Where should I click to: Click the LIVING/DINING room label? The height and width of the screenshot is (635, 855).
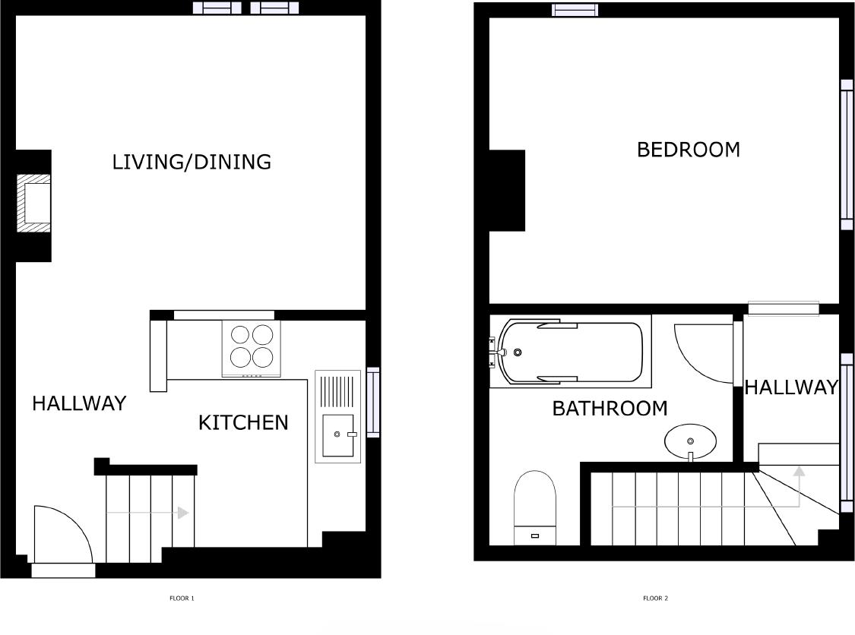coord(192,162)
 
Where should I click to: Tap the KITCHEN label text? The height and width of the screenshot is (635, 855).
coord(243,422)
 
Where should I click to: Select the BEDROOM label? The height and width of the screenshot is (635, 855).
coord(688,150)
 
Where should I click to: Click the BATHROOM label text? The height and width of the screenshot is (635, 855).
coord(610,409)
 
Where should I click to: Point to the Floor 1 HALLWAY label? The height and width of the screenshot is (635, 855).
coord(79,403)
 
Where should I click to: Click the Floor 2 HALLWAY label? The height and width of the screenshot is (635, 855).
coord(790,387)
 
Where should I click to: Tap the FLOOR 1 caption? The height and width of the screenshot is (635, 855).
coord(182,599)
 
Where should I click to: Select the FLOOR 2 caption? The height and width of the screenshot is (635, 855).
coord(655,599)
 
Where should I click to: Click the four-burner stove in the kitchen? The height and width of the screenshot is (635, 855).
coord(251,347)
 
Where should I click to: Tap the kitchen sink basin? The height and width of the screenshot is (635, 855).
coord(338,434)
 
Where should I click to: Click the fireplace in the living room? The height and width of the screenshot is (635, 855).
coord(34,204)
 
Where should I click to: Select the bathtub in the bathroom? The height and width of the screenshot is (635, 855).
coord(570,352)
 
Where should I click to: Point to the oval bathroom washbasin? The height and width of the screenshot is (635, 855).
coord(690,441)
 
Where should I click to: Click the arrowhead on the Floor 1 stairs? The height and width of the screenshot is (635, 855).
coord(182,513)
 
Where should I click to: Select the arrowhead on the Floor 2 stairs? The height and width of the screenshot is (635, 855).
coord(799,471)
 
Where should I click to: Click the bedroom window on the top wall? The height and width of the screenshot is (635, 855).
coord(575,10)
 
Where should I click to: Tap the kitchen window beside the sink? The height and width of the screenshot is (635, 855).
coord(373,403)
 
